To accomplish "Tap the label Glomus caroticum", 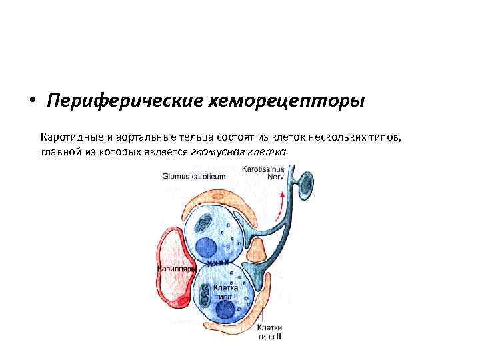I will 194,177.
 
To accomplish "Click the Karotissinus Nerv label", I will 264,173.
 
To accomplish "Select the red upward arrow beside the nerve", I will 283,200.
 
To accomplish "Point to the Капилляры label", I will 175,269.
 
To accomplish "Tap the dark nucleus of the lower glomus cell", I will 227,309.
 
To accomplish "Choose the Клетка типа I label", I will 226,291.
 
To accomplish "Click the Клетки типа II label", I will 271,332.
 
